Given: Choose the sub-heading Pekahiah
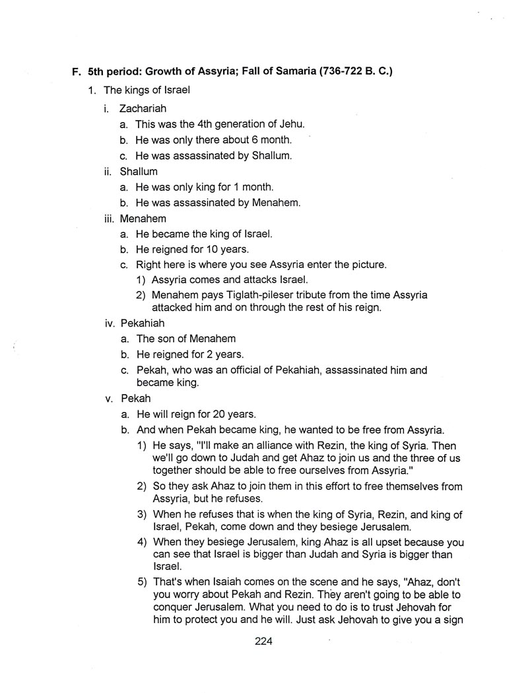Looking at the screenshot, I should (142, 323).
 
